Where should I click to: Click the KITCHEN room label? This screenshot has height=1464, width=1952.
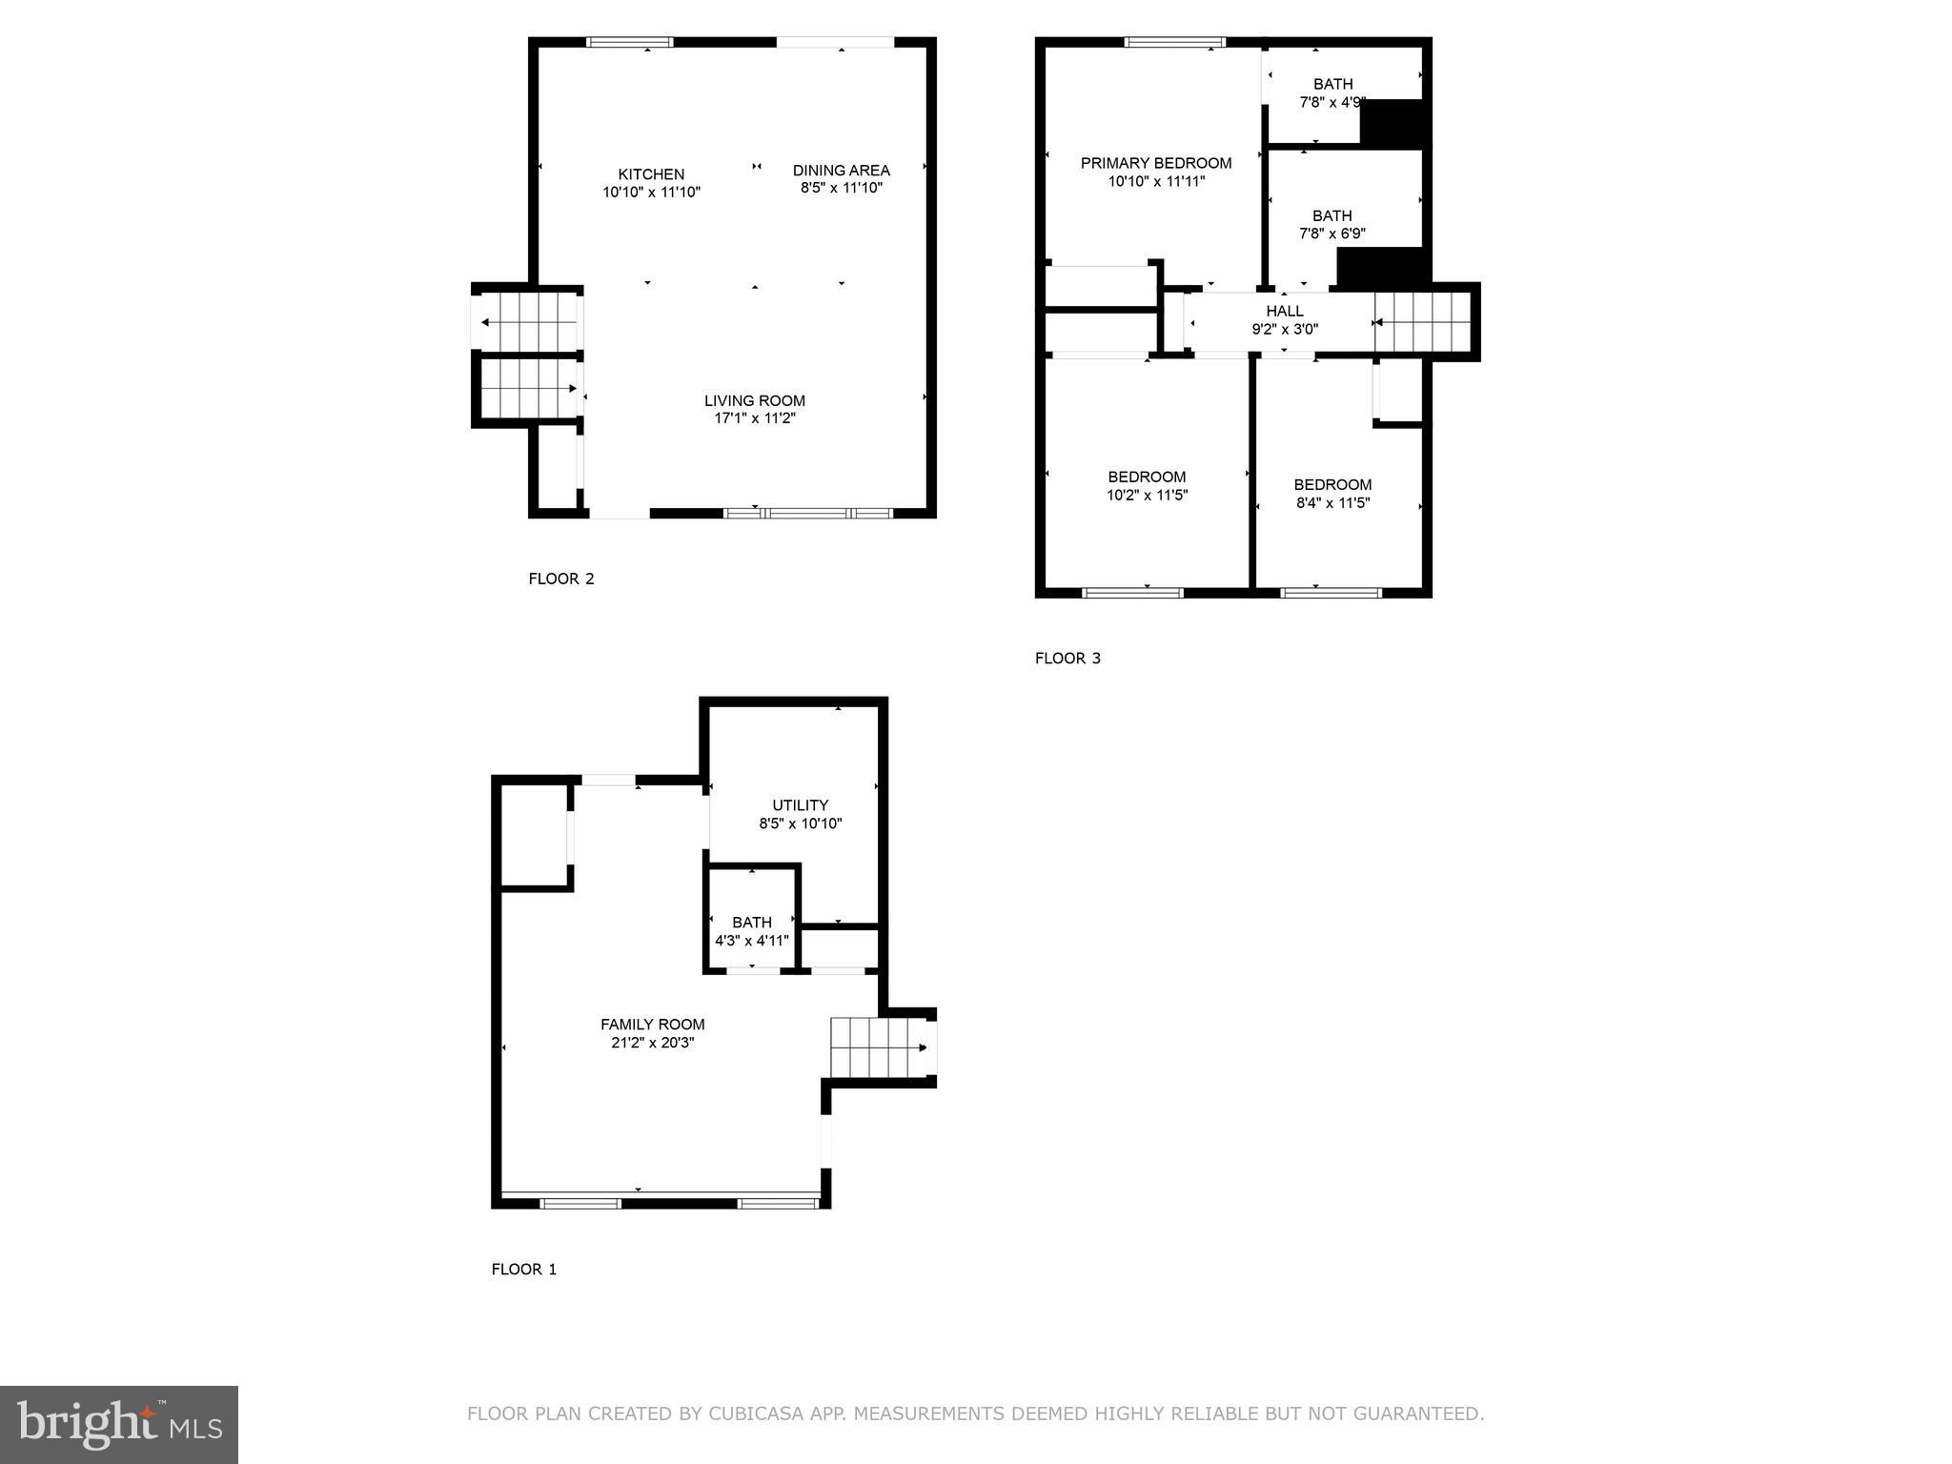651,174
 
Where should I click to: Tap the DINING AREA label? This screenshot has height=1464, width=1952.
841,171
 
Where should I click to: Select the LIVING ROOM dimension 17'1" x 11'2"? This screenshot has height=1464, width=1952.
754,418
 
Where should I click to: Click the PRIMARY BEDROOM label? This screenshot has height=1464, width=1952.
1155,163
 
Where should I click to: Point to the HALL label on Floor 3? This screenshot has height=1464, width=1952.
1284,311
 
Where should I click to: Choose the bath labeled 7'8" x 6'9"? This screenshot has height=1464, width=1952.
1332,224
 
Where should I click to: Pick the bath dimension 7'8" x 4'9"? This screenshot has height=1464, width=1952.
1332,102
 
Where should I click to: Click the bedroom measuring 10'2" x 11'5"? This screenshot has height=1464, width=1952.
1147,485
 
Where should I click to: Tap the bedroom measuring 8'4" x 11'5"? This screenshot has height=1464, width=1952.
1332,494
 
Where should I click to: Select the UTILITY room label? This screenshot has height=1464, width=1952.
800,805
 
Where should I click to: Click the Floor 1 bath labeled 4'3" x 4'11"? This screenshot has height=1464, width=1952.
751,931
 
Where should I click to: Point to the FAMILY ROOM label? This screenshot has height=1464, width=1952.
652,1025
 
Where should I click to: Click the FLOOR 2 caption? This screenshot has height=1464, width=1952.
561,579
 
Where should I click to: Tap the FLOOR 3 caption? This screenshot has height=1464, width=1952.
1067,658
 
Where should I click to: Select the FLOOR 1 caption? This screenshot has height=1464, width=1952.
523,1269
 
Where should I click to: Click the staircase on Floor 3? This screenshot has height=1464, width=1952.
1423,322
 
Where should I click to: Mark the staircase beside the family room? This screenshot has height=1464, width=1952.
878,1047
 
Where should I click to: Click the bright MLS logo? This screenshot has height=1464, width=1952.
119,1424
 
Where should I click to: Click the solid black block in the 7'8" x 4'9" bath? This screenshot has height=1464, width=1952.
1394,122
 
